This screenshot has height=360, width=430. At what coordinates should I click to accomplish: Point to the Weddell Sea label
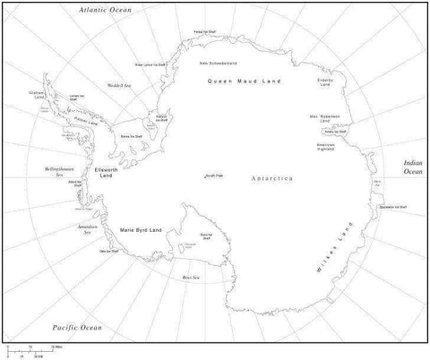[121, 86]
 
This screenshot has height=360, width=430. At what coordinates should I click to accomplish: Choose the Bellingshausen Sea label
[47, 170]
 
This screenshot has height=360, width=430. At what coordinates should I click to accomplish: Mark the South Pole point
[213, 175]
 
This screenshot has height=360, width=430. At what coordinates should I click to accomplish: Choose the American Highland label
[326, 147]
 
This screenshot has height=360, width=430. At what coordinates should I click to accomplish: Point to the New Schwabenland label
[218, 64]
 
